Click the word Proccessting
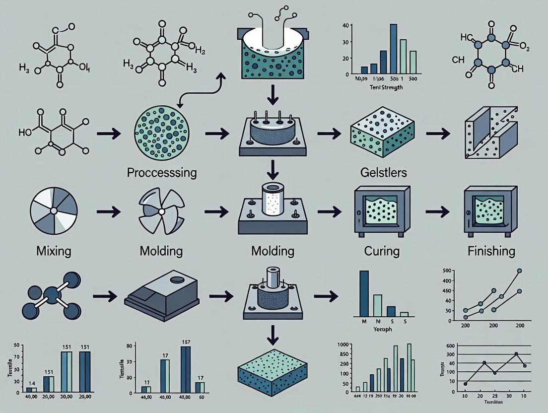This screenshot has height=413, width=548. [162, 173]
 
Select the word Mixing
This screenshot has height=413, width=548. [54, 250]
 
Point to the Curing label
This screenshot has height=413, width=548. [382, 250]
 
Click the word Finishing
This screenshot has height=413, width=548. [491, 250]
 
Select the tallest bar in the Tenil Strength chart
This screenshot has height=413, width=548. [393, 49]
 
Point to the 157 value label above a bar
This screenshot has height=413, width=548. [186, 342]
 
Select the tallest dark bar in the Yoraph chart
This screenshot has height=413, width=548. [364, 293]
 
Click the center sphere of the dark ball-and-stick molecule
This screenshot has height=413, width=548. [52, 296]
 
